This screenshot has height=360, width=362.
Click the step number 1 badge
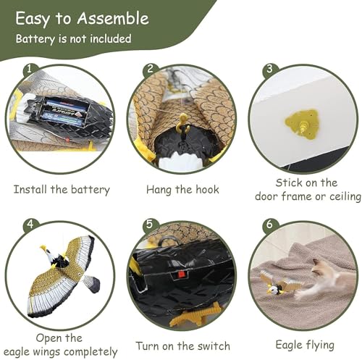click(29, 70)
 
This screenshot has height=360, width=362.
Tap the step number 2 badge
click(150, 70)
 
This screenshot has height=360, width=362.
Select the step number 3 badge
click(269, 70)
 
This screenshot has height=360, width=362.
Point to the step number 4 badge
click(30, 225)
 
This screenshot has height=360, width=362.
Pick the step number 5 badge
click(149, 225)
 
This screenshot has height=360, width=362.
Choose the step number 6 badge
click(269, 225)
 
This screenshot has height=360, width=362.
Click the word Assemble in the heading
click(113, 18)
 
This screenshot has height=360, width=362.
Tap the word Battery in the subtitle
click(35, 39)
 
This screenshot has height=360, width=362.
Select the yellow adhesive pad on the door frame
click(302, 124)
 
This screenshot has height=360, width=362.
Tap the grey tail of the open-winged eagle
click(90, 283)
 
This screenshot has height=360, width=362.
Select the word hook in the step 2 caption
click(207, 190)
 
